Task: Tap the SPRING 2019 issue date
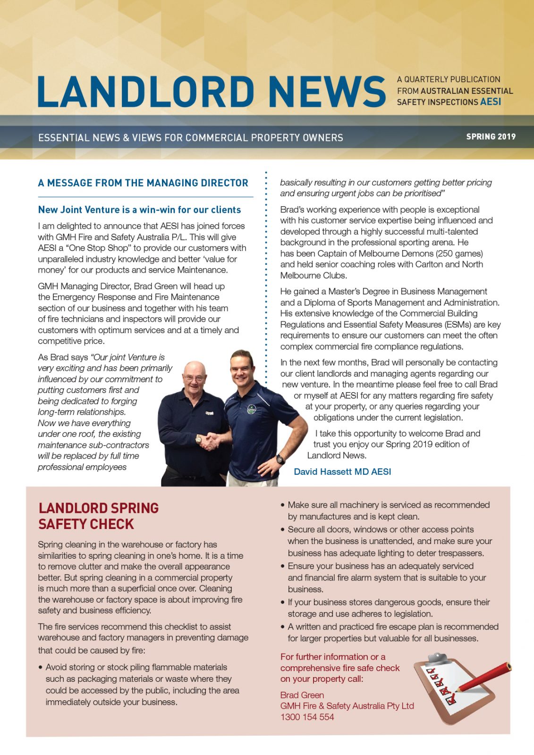491,137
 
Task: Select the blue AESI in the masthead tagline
491,102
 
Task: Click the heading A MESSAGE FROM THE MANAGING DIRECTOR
143,183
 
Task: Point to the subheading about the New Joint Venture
139,210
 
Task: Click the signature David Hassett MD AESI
342,471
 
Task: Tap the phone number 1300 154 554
307,717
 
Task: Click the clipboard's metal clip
437,658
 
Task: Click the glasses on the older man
194,378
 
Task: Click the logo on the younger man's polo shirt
251,409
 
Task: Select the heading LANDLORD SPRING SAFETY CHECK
99,516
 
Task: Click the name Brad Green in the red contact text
302,695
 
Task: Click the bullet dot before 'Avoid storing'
41,668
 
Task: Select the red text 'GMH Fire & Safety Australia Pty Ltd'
347,706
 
